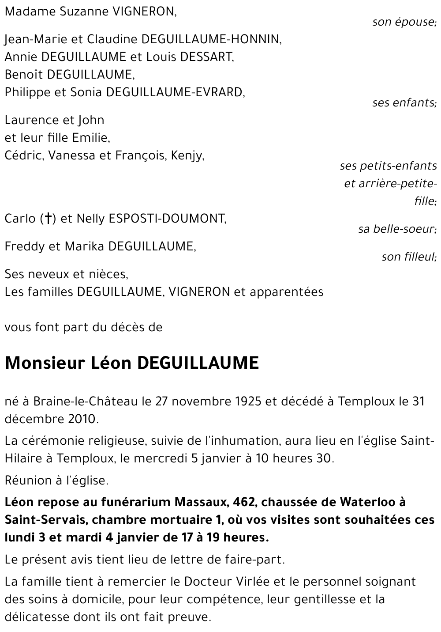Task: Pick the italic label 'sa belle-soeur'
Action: pos(397,229)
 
